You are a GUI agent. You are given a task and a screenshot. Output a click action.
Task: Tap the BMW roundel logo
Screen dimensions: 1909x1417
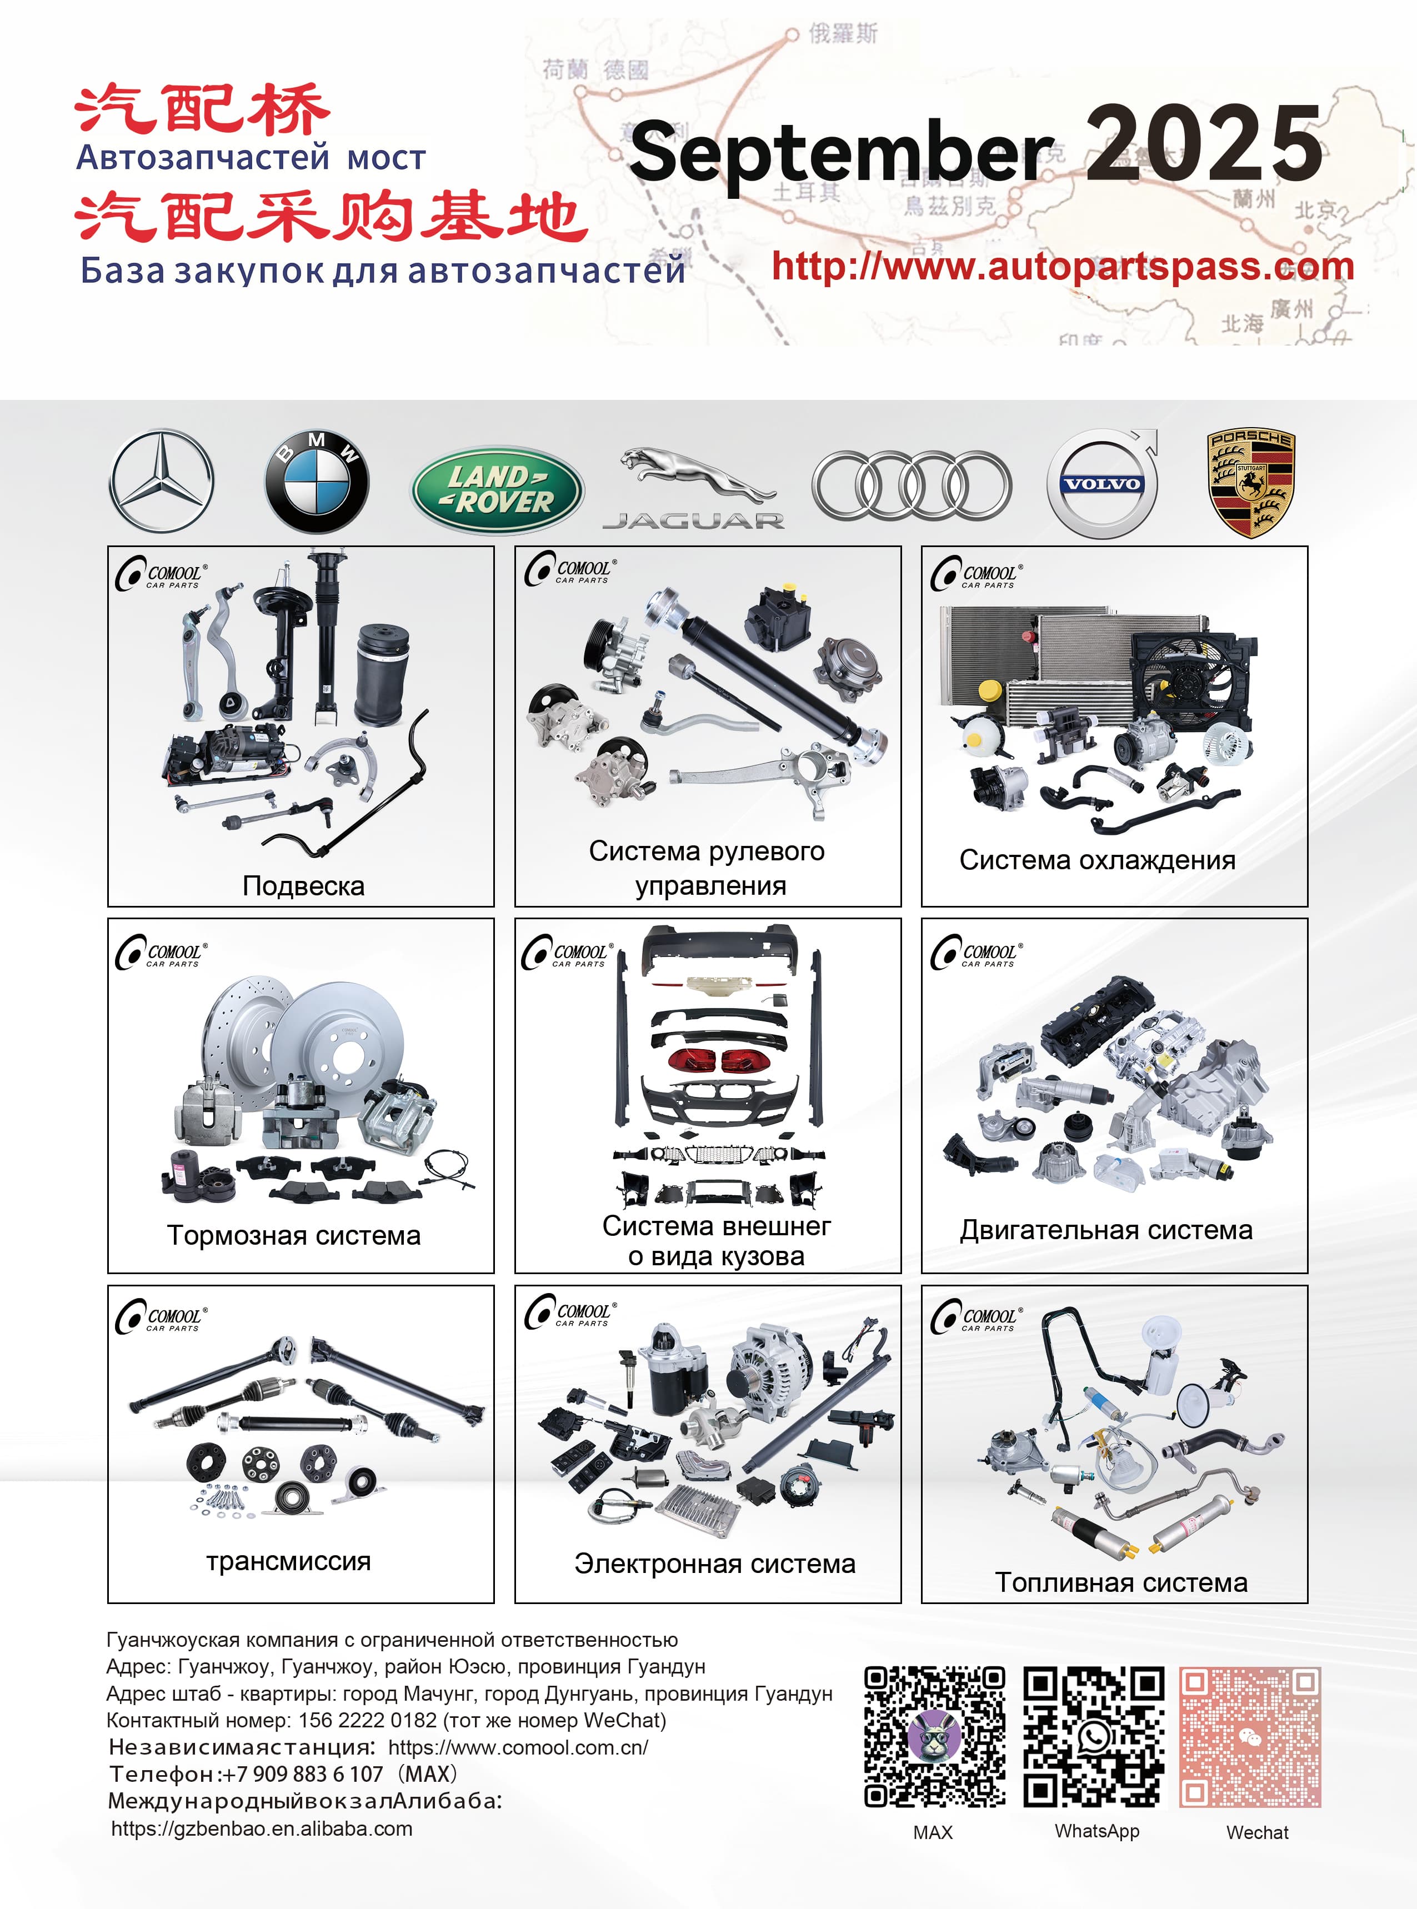tap(317, 482)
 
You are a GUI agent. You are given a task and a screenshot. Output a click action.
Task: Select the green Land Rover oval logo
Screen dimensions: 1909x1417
tap(498, 490)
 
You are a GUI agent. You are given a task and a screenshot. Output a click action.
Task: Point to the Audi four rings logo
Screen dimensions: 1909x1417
tap(911, 485)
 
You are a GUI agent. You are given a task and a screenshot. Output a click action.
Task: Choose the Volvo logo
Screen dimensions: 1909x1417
tap(1102, 484)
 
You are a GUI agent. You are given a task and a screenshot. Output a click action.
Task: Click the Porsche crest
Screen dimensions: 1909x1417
tap(1251, 483)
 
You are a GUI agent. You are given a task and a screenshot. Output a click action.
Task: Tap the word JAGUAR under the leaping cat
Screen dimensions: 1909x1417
tap(693, 520)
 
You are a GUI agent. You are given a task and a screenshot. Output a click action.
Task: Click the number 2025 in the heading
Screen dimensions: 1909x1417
tap(1203, 144)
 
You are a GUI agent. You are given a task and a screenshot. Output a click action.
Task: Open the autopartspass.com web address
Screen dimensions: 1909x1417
tap(1062, 267)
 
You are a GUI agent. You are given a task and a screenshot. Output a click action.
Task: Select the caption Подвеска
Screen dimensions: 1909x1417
tap(304, 885)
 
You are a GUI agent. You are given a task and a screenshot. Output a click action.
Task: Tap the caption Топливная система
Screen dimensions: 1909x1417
tap(1121, 1582)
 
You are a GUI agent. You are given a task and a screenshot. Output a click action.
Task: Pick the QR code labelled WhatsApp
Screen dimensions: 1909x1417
tap(1094, 1737)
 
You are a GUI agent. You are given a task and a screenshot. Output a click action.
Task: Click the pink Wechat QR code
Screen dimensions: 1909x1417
tap(1250, 1737)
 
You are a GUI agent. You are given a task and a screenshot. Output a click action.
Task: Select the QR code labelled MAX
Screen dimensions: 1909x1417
tap(934, 1737)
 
